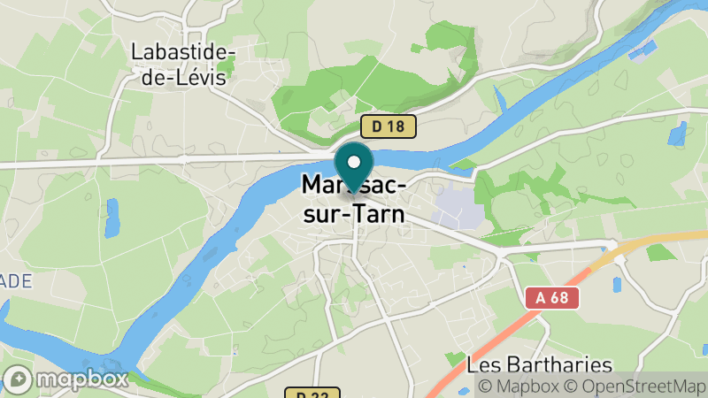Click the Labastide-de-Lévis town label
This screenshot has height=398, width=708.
182,64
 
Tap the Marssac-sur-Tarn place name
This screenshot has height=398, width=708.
354,199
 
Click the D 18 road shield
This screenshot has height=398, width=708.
388,126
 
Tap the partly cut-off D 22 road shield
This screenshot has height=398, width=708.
300,393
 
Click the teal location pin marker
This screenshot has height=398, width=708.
354,167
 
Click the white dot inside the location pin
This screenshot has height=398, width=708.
354,162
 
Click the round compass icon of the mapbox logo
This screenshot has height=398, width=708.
17,379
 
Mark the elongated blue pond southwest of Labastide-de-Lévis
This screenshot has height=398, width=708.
112,218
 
